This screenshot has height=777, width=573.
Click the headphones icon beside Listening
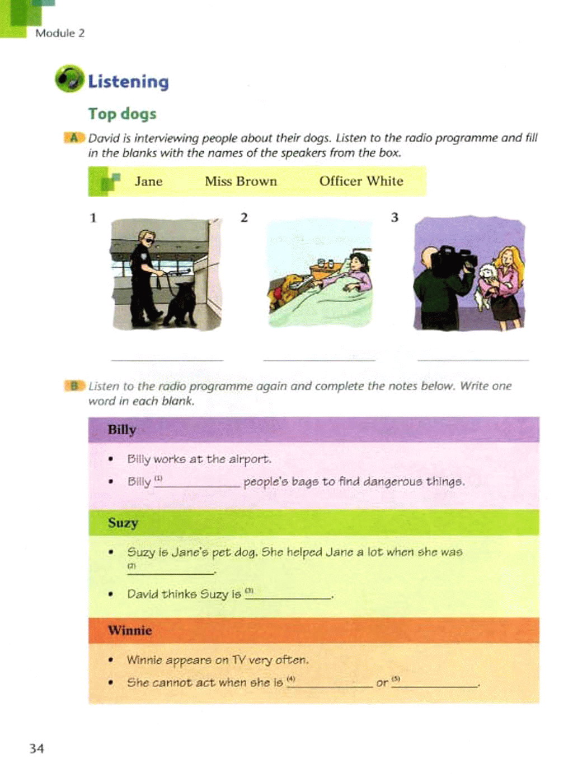(x=69, y=78)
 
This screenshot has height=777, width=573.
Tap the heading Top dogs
(x=122, y=114)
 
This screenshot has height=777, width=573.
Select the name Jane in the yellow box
(x=148, y=182)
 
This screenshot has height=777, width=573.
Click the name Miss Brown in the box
(x=241, y=182)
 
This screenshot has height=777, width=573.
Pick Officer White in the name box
(x=361, y=182)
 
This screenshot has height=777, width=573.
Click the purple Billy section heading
(x=313, y=430)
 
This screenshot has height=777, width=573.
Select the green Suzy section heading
(x=313, y=523)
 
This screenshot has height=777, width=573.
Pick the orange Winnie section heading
(x=313, y=630)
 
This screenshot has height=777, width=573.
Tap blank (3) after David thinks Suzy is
(x=290, y=595)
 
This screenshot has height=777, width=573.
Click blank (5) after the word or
(x=435, y=684)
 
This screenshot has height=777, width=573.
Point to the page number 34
(x=36, y=748)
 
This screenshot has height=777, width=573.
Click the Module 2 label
(x=60, y=33)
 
